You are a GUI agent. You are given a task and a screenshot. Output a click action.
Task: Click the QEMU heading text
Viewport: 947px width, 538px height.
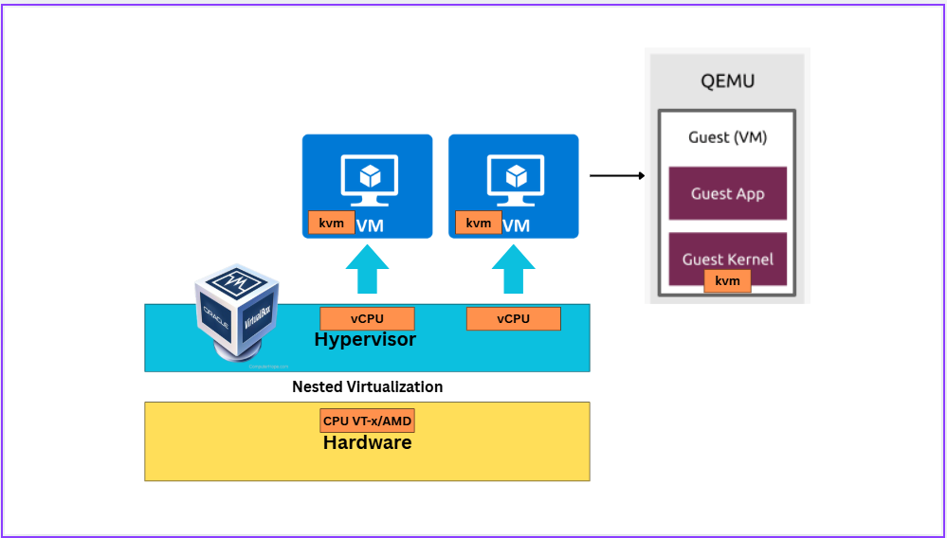[728, 81]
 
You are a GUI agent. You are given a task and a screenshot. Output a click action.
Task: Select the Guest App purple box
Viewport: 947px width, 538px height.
[727, 193]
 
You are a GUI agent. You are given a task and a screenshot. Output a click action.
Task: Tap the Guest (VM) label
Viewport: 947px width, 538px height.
[727, 137]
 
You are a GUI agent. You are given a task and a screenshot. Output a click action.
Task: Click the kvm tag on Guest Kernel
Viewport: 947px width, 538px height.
[727, 280]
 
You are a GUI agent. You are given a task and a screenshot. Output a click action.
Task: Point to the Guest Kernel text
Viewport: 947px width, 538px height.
[727, 259]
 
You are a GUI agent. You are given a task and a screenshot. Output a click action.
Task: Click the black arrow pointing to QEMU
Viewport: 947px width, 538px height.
[617, 175]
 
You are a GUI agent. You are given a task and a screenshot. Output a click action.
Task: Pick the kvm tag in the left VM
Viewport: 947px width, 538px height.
[332, 223]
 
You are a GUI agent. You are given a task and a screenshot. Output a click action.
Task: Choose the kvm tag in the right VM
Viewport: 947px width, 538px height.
[479, 223]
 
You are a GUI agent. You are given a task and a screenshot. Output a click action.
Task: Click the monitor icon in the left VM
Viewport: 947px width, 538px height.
[368, 177]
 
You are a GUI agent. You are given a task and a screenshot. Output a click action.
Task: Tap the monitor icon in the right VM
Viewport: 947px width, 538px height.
[514, 177]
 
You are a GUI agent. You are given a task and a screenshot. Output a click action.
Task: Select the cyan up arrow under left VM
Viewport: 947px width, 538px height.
[367, 269]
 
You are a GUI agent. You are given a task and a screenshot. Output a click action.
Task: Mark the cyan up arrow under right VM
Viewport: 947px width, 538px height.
[514, 269]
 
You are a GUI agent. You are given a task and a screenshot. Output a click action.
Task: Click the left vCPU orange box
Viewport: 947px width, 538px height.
[367, 318]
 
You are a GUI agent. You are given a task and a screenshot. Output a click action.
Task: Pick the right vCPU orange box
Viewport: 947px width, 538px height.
[513, 318]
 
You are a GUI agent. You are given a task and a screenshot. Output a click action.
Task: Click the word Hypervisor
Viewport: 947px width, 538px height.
[365, 339]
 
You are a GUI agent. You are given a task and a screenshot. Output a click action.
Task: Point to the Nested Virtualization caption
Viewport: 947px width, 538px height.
[367, 386]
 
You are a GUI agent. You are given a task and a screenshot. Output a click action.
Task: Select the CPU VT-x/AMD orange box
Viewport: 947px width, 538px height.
[367, 421]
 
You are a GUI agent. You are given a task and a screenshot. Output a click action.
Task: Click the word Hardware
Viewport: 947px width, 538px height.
[367, 441]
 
